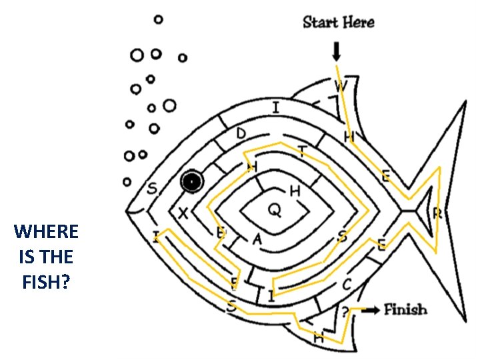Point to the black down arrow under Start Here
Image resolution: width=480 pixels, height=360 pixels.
(x=336, y=51)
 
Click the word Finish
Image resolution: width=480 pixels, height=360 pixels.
(x=405, y=309)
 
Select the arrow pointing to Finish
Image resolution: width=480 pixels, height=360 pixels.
(x=372, y=309)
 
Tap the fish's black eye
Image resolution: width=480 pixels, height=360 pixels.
(x=191, y=181)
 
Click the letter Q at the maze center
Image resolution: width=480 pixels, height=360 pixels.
(x=274, y=210)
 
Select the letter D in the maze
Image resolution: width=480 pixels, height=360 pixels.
(x=241, y=134)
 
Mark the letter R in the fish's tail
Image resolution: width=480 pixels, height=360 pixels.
(x=438, y=213)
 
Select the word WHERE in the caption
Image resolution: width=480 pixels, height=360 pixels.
(x=46, y=232)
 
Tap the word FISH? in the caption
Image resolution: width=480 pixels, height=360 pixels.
(x=46, y=282)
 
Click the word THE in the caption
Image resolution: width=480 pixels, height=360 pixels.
(x=56, y=257)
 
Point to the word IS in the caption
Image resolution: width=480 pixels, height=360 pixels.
(x=27, y=257)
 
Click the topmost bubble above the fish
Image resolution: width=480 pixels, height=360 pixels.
(x=158, y=20)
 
